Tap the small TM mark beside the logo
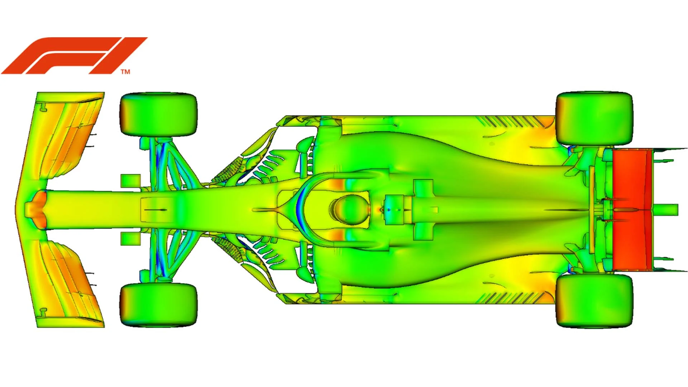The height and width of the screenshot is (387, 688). tap(125, 72)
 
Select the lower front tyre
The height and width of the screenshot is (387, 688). tap(158, 305)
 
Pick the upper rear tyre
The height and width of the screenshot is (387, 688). tap(594, 118)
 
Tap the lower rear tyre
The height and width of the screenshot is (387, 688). tap(594, 301)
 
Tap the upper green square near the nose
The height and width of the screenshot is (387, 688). tap(130, 181)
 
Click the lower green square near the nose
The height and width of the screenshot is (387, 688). tap(130, 239)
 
